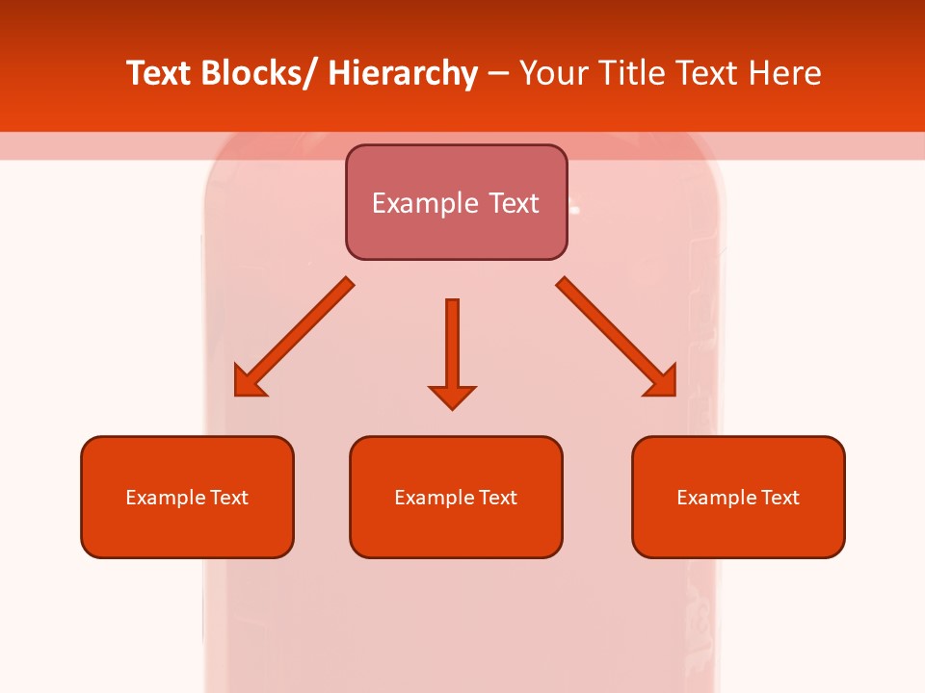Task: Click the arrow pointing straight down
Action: coord(452,346)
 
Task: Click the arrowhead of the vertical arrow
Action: coord(452,397)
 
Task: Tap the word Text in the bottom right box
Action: coord(780,498)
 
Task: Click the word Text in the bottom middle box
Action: coord(497,498)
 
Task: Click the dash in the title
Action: coord(498,73)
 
